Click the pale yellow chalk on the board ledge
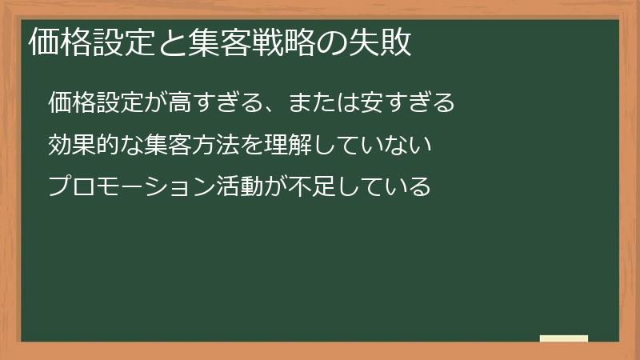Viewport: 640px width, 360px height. [x=564, y=338]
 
